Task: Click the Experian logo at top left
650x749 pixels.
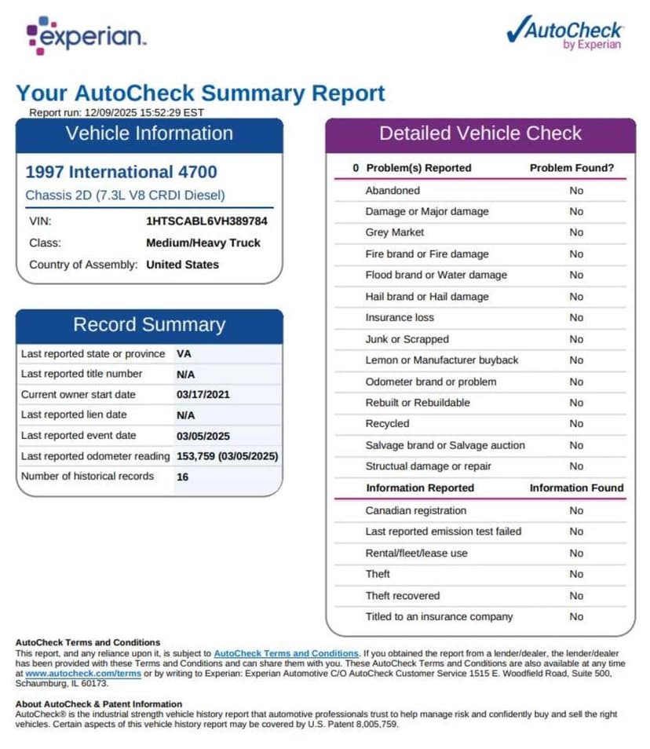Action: point(86,36)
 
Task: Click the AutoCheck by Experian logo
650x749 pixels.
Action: point(565,33)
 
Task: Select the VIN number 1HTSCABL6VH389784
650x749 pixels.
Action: point(206,221)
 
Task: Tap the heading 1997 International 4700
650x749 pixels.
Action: point(121,172)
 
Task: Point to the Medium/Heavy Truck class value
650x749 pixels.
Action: point(203,243)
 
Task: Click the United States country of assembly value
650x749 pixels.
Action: point(182,265)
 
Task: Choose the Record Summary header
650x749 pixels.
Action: point(149,325)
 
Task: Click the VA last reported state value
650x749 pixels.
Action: point(184,354)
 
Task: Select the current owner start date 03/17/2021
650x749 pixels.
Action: point(203,395)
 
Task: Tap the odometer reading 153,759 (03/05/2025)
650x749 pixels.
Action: point(227,456)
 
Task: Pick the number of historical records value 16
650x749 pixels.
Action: point(182,477)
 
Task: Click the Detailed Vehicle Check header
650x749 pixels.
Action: point(480,133)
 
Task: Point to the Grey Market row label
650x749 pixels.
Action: point(394,232)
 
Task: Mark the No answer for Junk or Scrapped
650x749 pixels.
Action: point(576,339)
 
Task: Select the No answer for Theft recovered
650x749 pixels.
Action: point(576,595)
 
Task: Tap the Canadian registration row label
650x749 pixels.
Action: point(415,510)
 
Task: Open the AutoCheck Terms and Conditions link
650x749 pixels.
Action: point(286,653)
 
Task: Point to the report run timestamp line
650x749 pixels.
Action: point(116,112)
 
